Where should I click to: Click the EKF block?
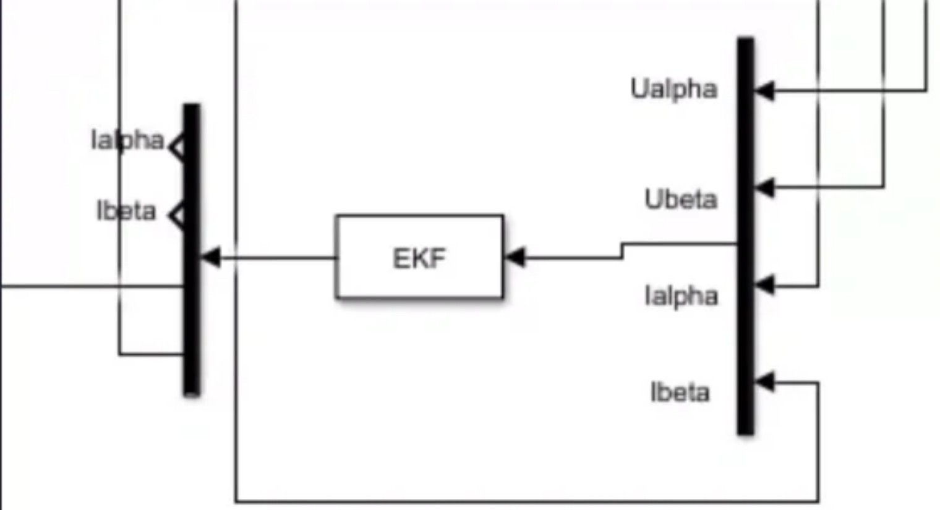click(419, 257)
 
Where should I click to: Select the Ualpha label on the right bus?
click(673, 89)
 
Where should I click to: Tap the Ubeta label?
click(680, 200)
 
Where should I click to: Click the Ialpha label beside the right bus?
click(681, 296)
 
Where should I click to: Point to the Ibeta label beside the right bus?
click(680, 393)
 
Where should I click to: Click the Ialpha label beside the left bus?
click(127, 140)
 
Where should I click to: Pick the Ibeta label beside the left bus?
click(126, 211)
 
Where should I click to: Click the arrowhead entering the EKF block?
click(515, 257)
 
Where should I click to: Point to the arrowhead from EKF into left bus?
click(210, 257)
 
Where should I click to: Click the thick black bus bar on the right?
click(745, 235)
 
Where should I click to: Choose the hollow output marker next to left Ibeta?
click(177, 217)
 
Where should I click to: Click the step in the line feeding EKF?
click(623, 250)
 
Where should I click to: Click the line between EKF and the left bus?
click(278, 257)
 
